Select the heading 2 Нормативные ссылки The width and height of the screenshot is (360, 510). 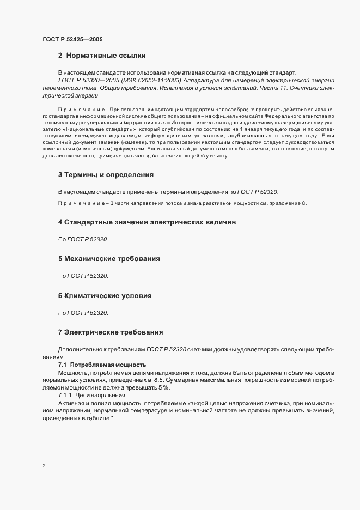[101, 55]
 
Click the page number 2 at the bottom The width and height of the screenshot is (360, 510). [44, 466]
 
